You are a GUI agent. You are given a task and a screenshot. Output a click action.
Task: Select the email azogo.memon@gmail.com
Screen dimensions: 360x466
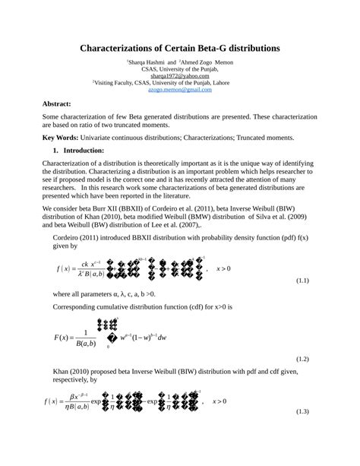180,90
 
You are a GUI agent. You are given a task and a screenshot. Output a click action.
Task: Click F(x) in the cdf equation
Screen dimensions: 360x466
63,337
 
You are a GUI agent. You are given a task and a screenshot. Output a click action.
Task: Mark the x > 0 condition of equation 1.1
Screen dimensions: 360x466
224,268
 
